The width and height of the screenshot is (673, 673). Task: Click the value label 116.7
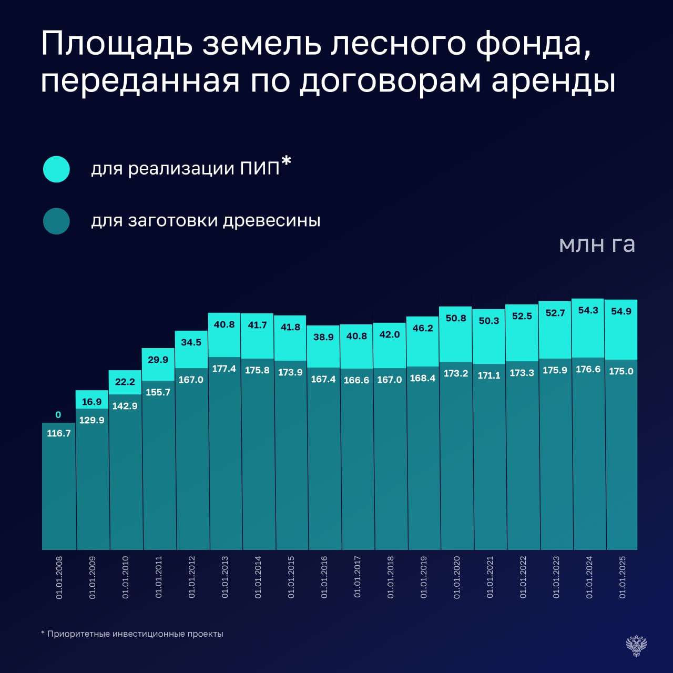coord(58,433)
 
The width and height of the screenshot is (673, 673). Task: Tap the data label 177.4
coord(224,369)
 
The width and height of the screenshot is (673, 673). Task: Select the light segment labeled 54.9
coord(621,330)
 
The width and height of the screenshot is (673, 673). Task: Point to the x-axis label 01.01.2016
coord(324,577)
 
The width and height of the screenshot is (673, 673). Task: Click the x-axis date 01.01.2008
coord(59,577)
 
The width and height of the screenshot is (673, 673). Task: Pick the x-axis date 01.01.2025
coord(623,577)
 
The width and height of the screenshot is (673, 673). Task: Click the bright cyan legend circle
coord(56,169)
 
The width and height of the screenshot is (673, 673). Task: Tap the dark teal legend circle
coord(56,221)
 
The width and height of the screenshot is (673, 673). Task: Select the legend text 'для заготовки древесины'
coord(206,220)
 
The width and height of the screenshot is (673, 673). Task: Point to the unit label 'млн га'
coord(597,244)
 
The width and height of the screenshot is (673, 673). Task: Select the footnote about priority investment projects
coord(132,634)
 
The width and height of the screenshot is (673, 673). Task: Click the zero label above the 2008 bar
coord(58,415)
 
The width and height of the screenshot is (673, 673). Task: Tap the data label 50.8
coord(456,318)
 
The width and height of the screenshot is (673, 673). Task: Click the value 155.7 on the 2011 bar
coord(158,392)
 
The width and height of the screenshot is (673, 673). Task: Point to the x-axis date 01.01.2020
coord(456,577)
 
